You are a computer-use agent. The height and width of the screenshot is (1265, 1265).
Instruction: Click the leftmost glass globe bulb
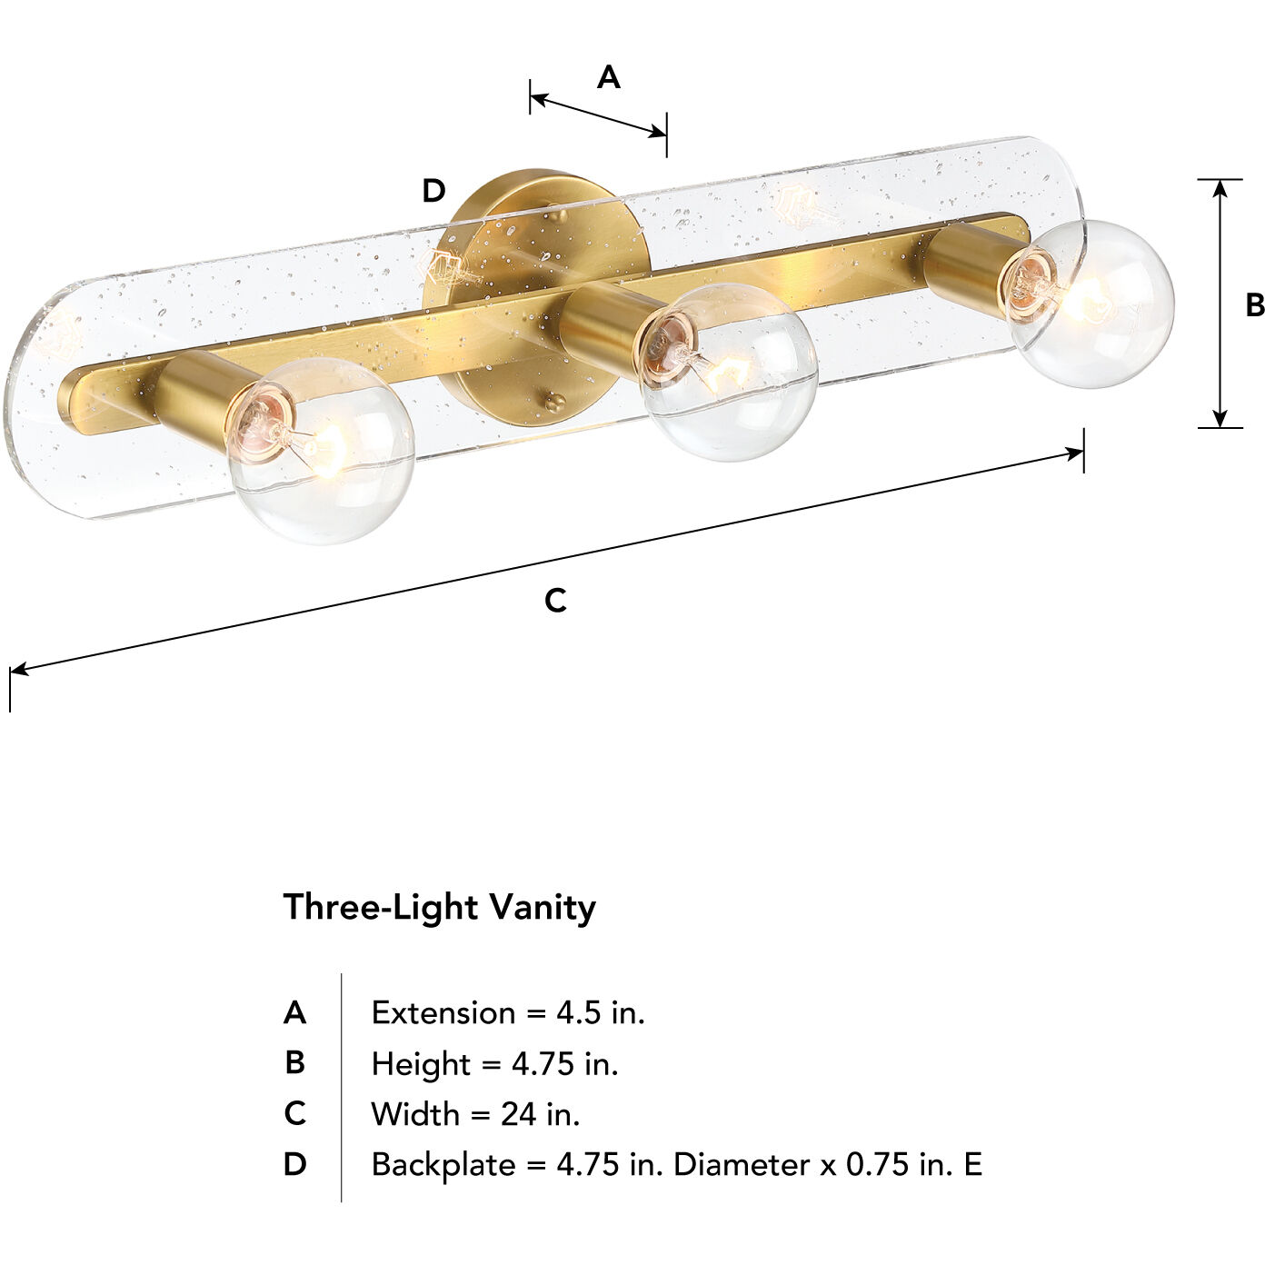[322, 451]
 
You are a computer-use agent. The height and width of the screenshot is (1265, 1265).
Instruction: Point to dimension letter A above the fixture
[608, 78]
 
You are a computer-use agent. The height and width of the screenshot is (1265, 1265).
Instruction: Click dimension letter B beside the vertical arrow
[1254, 305]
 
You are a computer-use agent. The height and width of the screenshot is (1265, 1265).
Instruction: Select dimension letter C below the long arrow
[555, 601]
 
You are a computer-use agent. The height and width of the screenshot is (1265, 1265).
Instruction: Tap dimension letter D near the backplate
[433, 191]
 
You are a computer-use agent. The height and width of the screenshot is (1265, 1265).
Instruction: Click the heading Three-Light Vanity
[439, 907]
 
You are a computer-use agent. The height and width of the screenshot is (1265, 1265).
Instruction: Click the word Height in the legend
[421, 1063]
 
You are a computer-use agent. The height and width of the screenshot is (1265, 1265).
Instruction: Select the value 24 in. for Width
[540, 1113]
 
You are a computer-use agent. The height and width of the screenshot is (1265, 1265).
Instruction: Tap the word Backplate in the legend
[443, 1164]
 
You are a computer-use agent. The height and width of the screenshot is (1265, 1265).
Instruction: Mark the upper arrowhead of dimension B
[1220, 188]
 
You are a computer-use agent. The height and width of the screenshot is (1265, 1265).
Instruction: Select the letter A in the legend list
[294, 1012]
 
